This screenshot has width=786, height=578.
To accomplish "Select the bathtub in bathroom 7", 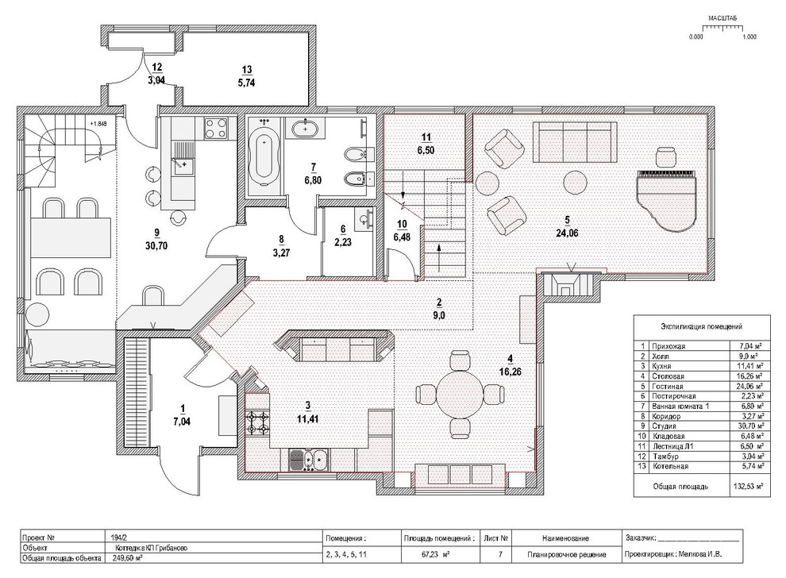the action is point(264,156).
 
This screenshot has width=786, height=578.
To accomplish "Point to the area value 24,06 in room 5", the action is point(567,233).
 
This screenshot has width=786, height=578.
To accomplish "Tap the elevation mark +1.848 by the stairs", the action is point(98,123).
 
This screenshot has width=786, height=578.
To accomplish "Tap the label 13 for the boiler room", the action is point(247,70).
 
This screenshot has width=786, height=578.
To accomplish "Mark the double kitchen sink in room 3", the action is point(308,460).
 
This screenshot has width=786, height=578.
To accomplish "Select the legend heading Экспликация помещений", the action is point(701,327).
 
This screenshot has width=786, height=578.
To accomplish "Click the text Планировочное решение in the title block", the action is point(566,554).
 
